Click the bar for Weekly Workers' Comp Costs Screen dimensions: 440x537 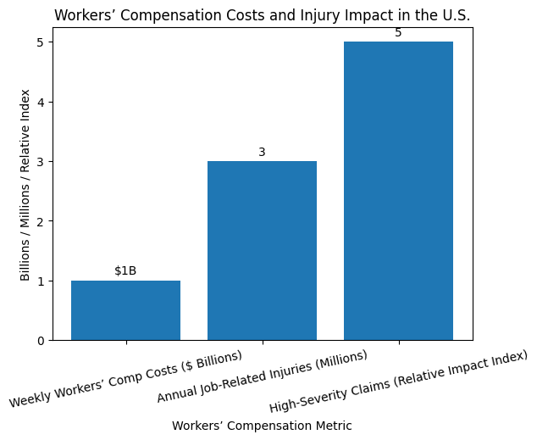click(x=125, y=310)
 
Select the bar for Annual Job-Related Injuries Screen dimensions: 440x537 click(x=262, y=251)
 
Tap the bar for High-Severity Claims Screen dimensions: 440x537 click(x=398, y=191)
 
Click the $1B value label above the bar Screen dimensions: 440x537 click(x=125, y=270)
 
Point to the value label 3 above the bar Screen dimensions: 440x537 click(x=262, y=152)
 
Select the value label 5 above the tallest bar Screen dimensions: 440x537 click(x=398, y=33)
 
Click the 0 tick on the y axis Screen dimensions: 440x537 click(x=40, y=341)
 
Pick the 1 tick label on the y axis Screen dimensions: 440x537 click(x=40, y=281)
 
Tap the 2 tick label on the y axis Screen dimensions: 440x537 click(x=40, y=221)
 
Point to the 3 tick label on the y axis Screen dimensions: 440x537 click(x=40, y=162)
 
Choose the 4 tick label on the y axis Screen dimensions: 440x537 click(x=40, y=102)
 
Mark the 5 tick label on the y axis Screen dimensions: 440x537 click(x=40, y=42)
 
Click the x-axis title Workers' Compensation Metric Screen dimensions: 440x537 click(x=262, y=426)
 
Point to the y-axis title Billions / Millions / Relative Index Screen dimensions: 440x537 click(x=25, y=185)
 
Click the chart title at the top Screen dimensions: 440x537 click(x=262, y=15)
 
